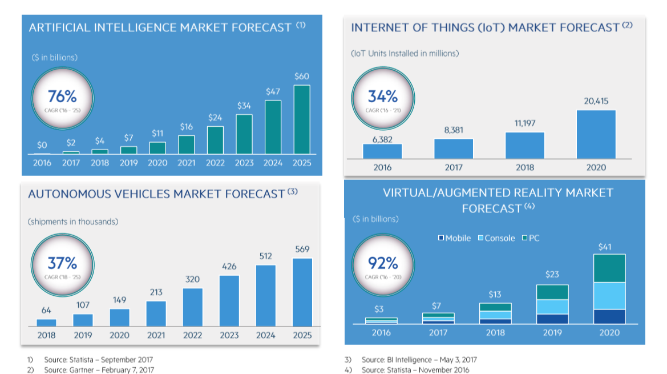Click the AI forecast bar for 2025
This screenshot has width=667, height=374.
[x=302, y=119]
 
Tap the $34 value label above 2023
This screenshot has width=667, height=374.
[x=244, y=106]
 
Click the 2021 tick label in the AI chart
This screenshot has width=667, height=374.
[x=186, y=163]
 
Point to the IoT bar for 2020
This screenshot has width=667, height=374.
[x=596, y=134]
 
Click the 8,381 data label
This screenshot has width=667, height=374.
[x=454, y=130]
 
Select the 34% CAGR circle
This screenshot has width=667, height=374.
[x=382, y=99]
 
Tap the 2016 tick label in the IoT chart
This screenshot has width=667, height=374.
[x=382, y=167]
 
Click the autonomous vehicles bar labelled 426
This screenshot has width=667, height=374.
[x=229, y=301]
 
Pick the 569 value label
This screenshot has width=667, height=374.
[x=302, y=249]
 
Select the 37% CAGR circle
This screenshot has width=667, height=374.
[x=62, y=267]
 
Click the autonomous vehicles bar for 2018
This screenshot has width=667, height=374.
[x=46, y=323]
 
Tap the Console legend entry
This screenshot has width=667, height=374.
[x=496, y=238]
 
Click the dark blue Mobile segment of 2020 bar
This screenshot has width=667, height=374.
[x=609, y=317]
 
